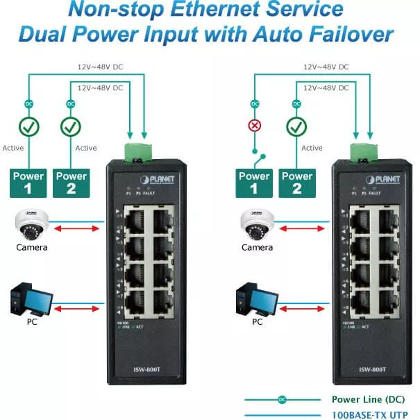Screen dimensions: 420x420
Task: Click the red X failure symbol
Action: [256, 126]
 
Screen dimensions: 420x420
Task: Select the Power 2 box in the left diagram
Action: [71, 183]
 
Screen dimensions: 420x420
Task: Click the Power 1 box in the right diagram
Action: [255, 183]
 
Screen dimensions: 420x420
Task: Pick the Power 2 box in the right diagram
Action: [296, 183]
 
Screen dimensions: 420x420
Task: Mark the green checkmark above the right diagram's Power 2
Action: [296, 126]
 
